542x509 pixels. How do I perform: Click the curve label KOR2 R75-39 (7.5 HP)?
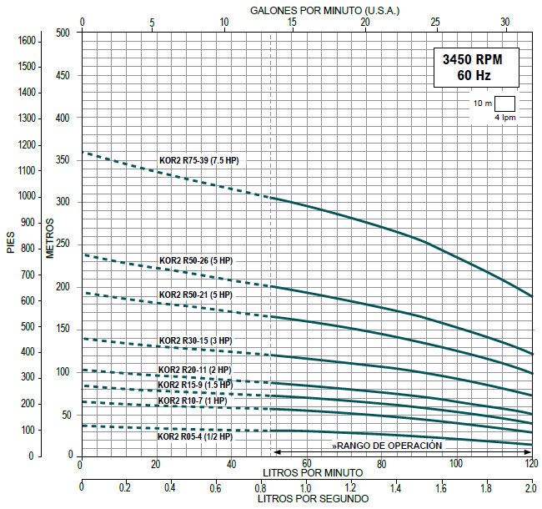pos(198,159)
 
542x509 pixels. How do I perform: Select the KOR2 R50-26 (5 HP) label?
pos(196,260)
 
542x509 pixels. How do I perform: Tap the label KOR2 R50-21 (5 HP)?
pos(196,295)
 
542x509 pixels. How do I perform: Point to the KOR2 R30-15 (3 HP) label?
pos(196,340)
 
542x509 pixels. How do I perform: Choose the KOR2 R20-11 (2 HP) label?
pos(195,370)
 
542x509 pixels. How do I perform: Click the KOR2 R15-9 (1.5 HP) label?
pos(196,385)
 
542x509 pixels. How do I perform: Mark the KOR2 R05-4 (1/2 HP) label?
pos(195,436)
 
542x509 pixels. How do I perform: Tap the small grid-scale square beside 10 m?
pos(505,103)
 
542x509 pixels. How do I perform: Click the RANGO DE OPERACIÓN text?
pos(389,446)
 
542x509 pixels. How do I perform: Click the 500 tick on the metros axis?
pos(63,33)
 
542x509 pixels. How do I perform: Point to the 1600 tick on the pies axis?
pos(28,40)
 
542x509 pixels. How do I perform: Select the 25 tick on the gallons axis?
pos(435,22)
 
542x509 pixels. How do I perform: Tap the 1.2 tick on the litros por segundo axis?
pos(350,486)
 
